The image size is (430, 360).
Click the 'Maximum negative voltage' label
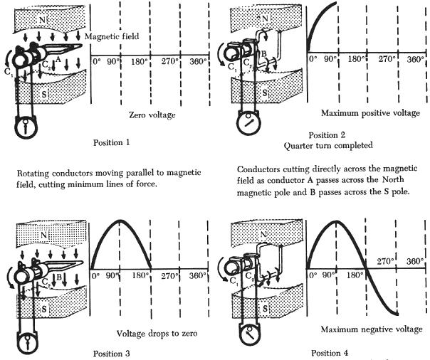[368, 329]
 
